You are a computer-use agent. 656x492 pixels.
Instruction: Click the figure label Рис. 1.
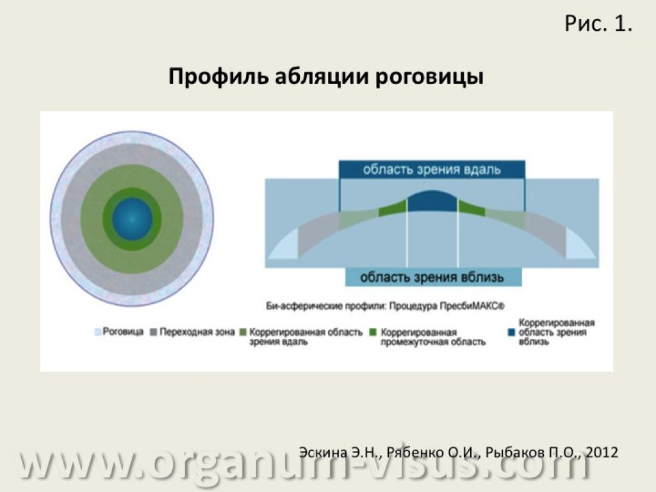pyautogui.click(x=598, y=24)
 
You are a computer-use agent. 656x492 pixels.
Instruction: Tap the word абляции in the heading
pyautogui.click(x=322, y=77)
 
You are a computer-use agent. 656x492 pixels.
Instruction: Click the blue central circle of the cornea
pyautogui.click(x=132, y=219)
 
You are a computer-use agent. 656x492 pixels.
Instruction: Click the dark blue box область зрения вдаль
pyautogui.click(x=432, y=169)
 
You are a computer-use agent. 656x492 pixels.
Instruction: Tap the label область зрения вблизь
pyautogui.click(x=432, y=277)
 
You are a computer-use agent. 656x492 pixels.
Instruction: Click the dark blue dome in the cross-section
pyautogui.click(x=432, y=201)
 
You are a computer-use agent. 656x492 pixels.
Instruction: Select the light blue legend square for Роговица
pyautogui.click(x=98, y=332)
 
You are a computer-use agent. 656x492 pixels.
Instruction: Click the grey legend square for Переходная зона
pyautogui.click(x=154, y=332)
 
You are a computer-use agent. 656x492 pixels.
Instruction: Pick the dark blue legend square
pyautogui.click(x=511, y=332)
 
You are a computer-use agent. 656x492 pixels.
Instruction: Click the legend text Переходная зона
pyautogui.click(x=197, y=332)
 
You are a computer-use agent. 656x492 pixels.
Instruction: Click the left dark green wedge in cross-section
pyautogui.click(x=393, y=208)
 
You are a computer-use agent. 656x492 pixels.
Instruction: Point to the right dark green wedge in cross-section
pyautogui.click(x=472, y=208)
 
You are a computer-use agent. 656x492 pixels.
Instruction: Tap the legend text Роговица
pyautogui.click(x=123, y=332)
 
